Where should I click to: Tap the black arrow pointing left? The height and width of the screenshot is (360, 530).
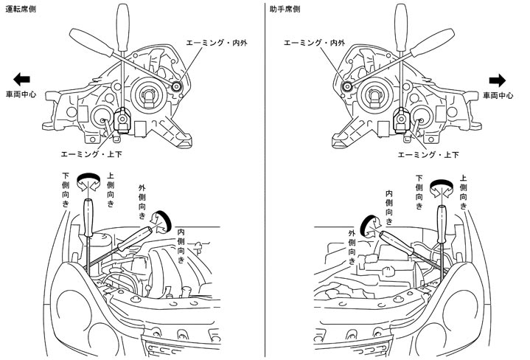pyautogui.click(x=21, y=80)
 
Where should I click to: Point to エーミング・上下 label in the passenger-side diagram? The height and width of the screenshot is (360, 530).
pyautogui.click(x=428, y=155)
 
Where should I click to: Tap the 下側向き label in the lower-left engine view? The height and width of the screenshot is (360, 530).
pyautogui.click(x=66, y=190)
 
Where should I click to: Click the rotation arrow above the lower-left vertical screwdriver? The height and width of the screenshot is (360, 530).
pyautogui.click(x=90, y=179)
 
